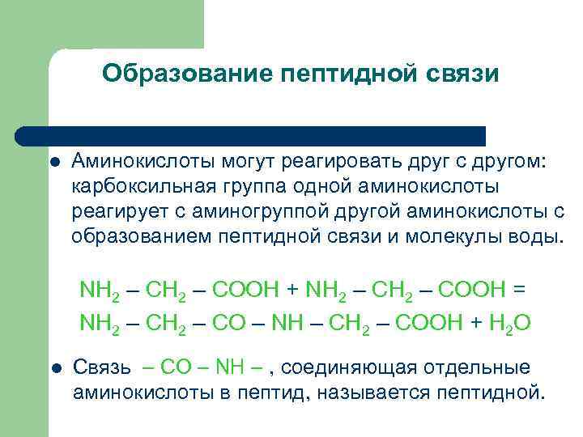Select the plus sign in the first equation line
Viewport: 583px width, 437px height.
coord(292,289)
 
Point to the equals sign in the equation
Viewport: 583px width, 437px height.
coord(520,289)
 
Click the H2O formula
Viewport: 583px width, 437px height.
coord(509,323)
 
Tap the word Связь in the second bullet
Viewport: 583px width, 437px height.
coord(102,368)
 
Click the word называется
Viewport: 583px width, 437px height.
coord(370,393)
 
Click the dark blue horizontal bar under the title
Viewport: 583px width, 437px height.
coord(251,135)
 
